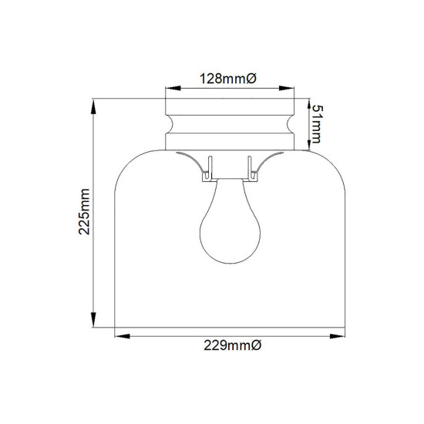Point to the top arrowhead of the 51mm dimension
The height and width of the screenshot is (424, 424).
tap(310, 103)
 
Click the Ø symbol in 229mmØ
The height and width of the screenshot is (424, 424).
tap(257, 348)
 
